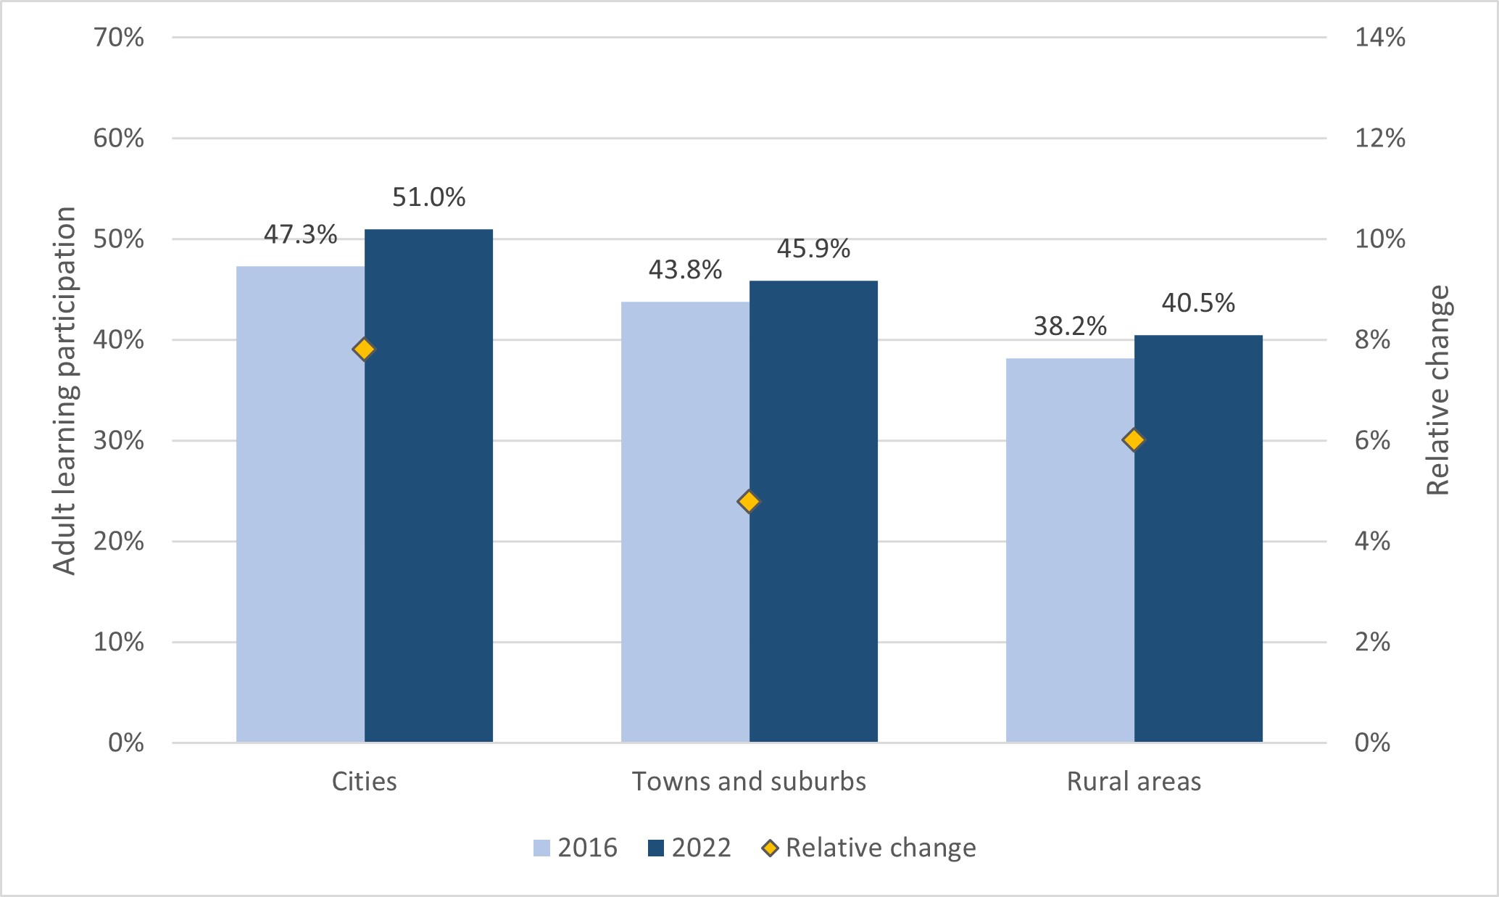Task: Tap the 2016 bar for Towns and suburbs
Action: [x=685, y=522]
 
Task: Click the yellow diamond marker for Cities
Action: [x=364, y=350]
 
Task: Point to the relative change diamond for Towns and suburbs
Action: [x=749, y=501]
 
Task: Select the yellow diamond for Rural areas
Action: [x=1134, y=439]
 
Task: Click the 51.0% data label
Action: [x=428, y=197]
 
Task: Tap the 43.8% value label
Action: [x=685, y=270]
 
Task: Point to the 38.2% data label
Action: [x=1070, y=326]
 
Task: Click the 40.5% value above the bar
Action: [x=1198, y=303]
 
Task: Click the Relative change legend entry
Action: [x=869, y=848]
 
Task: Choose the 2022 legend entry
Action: [x=689, y=848]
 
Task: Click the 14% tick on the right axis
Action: [x=1379, y=38]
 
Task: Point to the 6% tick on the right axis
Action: [x=1372, y=441]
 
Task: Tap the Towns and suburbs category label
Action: [x=749, y=782]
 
